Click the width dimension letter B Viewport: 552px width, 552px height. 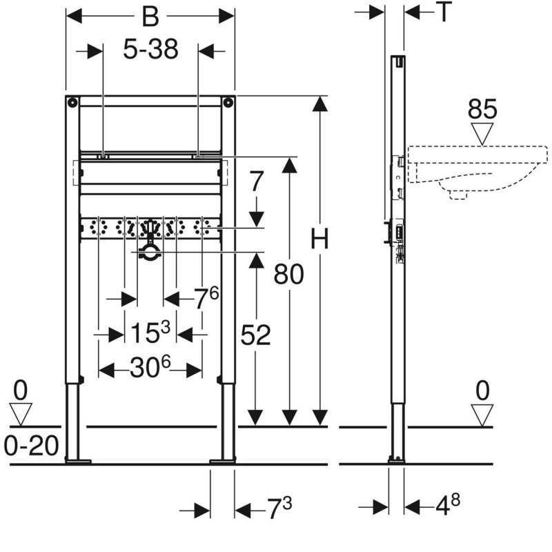(150, 17)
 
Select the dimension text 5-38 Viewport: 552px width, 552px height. (150, 49)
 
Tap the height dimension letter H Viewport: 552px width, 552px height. (319, 239)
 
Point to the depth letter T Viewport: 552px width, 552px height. (444, 12)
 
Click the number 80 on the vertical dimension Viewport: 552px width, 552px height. (288, 274)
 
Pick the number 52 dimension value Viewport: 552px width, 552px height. (255, 335)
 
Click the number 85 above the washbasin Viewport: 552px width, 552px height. (482, 109)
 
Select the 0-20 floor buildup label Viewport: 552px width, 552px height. (31, 446)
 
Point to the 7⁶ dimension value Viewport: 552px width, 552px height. (207, 298)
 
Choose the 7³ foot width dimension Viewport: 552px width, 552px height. (279, 508)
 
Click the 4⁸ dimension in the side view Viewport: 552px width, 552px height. (448, 504)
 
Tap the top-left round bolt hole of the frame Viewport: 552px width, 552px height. (72, 103)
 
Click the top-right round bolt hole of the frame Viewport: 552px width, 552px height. (228, 103)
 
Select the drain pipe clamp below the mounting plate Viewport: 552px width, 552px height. (150, 253)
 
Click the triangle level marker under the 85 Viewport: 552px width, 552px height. (482, 134)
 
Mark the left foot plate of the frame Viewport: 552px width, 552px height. (78, 461)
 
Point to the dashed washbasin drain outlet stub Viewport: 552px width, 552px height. (458, 195)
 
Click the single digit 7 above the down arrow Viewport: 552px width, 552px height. (256, 182)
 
